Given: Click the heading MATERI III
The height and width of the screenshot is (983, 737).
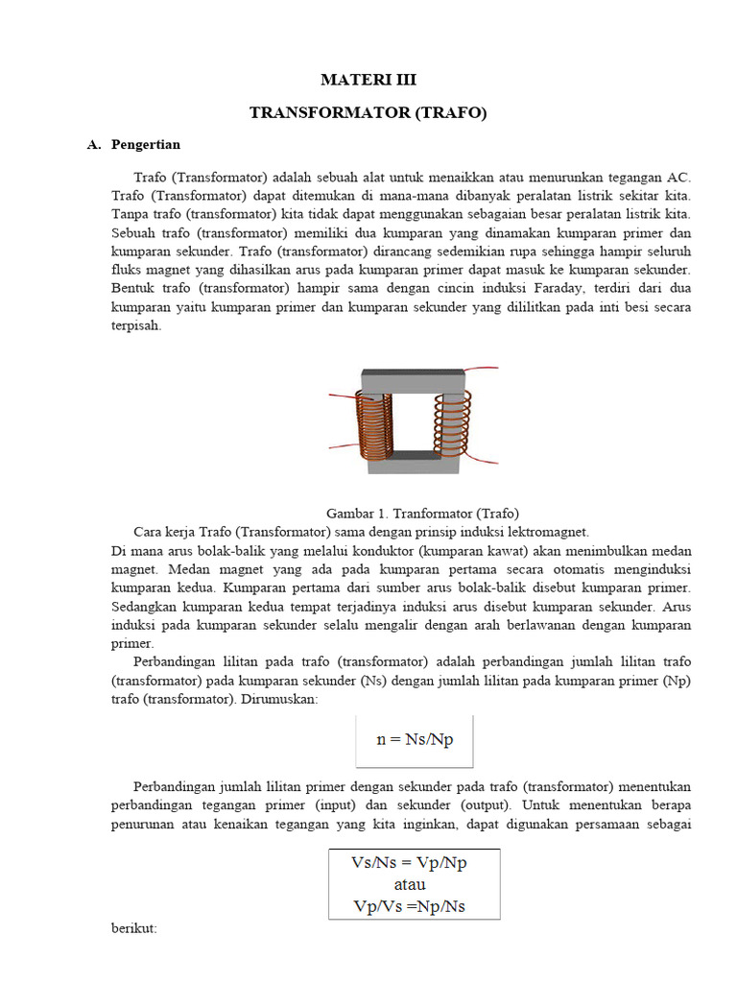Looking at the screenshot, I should [x=368, y=80].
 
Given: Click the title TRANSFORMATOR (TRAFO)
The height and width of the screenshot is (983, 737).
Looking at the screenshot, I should [x=368, y=113].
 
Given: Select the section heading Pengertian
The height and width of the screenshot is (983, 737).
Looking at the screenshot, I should [x=146, y=145].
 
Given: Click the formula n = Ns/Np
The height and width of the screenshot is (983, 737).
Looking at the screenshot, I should [x=415, y=740].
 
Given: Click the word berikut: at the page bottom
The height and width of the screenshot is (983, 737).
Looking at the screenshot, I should [x=134, y=929].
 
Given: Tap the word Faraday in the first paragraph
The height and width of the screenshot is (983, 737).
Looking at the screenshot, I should [x=514, y=288].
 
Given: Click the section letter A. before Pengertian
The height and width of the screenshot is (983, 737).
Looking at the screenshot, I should [x=93, y=145].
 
